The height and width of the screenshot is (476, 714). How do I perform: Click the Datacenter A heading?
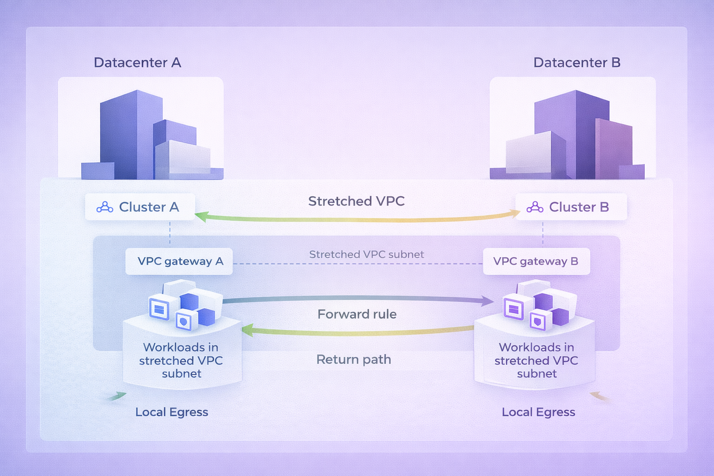137,63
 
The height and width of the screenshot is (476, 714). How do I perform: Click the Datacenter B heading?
576,63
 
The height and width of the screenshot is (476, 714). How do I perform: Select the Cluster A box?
140,207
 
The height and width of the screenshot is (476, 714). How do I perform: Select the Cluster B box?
571,207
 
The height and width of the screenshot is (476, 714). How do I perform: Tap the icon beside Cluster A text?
105,207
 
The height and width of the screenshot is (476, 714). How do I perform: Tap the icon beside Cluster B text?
535,207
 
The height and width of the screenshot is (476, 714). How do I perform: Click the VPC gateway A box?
179,261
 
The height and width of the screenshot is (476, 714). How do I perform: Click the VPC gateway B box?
536,261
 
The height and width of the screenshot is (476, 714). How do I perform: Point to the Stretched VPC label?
356,201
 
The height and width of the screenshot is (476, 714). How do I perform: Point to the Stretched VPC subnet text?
366,254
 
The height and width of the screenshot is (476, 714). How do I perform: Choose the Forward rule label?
357,314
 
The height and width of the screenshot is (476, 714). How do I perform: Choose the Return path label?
353,359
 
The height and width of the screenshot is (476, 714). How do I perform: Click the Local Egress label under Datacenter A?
172,412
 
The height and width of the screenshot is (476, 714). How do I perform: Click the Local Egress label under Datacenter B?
538,412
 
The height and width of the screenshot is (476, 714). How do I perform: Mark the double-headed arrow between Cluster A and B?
357,219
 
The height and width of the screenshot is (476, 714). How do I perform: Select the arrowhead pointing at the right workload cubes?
487,301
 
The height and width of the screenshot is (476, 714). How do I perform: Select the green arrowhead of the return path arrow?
247,331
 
